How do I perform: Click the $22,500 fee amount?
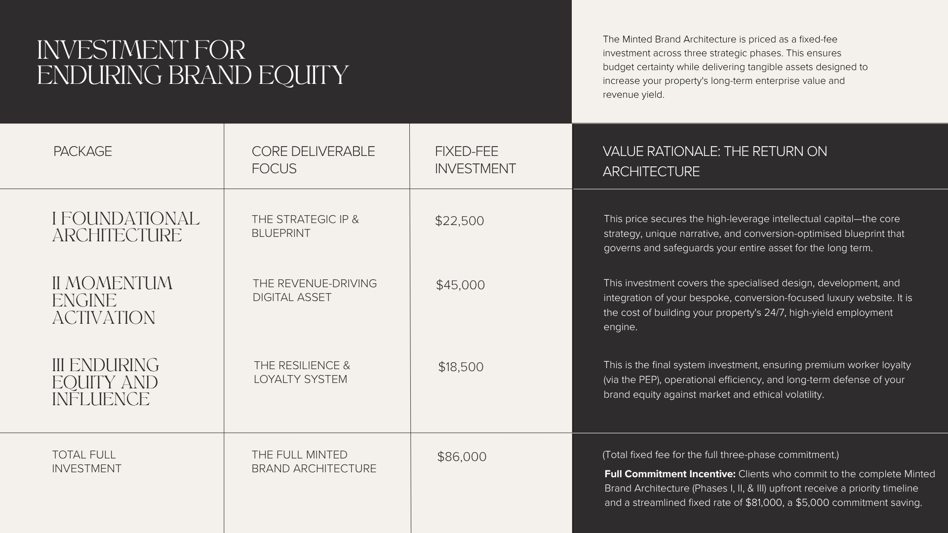(459, 221)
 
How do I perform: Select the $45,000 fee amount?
(460, 285)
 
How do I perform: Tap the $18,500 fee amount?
(461, 367)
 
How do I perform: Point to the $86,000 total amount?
(462, 457)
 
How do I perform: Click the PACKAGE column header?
(82, 151)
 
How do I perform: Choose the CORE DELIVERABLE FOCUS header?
(313, 160)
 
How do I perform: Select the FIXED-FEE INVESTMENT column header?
(475, 160)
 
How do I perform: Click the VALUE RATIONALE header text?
(714, 161)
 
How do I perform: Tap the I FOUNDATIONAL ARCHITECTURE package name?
(125, 227)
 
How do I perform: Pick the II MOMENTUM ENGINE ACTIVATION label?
(112, 300)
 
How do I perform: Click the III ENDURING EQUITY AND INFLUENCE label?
(105, 382)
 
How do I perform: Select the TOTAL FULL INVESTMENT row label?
(86, 461)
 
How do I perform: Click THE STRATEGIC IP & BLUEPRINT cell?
(305, 226)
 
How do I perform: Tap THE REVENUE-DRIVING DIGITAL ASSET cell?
(315, 290)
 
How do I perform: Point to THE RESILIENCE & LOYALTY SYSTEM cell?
(302, 372)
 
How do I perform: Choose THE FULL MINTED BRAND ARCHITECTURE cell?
(314, 461)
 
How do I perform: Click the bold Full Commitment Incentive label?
(670, 474)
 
